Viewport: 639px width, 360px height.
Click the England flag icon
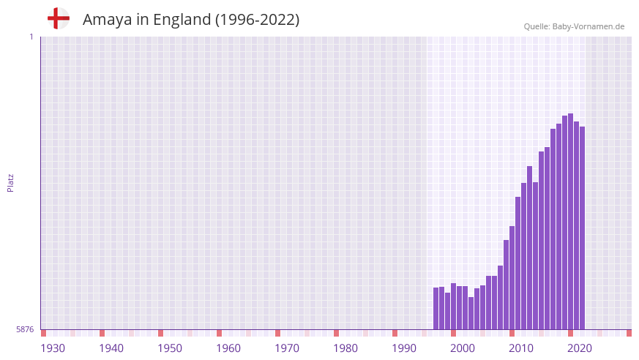(x=58, y=18)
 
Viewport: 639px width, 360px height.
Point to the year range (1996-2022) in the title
(x=257, y=20)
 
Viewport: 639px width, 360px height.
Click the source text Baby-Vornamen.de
(x=588, y=26)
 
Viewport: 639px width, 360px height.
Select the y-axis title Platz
(x=10, y=183)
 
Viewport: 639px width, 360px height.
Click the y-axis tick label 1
(x=31, y=37)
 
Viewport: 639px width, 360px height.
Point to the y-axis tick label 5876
(x=25, y=329)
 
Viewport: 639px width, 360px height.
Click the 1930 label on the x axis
(x=53, y=348)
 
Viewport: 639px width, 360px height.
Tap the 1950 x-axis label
(x=170, y=348)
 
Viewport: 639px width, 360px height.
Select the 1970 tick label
(x=287, y=348)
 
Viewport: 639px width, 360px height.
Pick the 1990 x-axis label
(x=404, y=348)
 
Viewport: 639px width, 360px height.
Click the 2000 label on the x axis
(x=463, y=348)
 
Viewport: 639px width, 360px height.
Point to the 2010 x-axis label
(x=521, y=348)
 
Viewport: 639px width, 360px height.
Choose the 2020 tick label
(x=580, y=348)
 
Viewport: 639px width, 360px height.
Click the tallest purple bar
(x=571, y=220)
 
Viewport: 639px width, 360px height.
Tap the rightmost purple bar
(x=583, y=227)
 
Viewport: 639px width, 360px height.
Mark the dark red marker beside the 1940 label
(x=102, y=333)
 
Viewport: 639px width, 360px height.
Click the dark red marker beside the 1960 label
(x=220, y=333)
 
